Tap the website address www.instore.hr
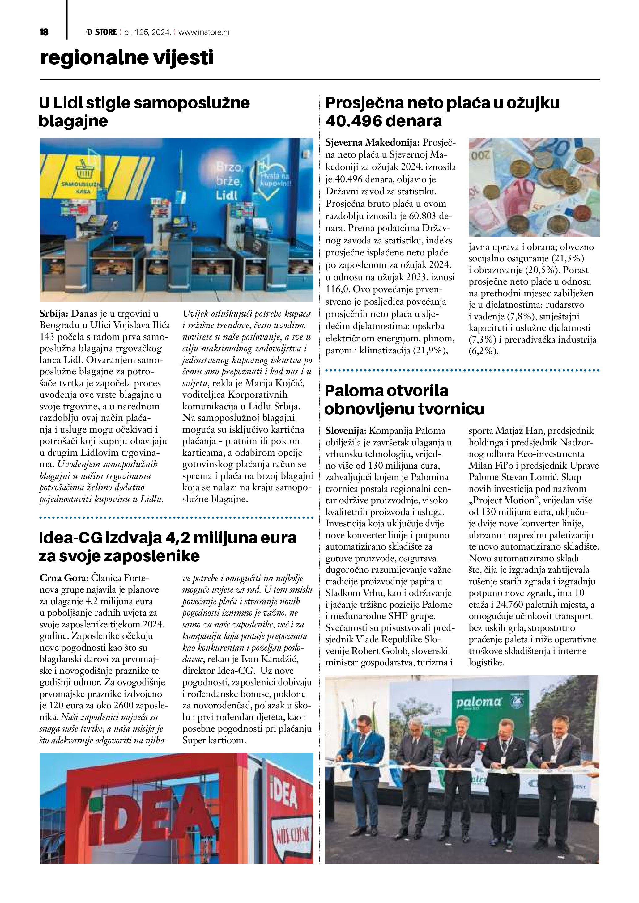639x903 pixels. [204, 32]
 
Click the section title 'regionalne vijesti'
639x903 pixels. [126, 58]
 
